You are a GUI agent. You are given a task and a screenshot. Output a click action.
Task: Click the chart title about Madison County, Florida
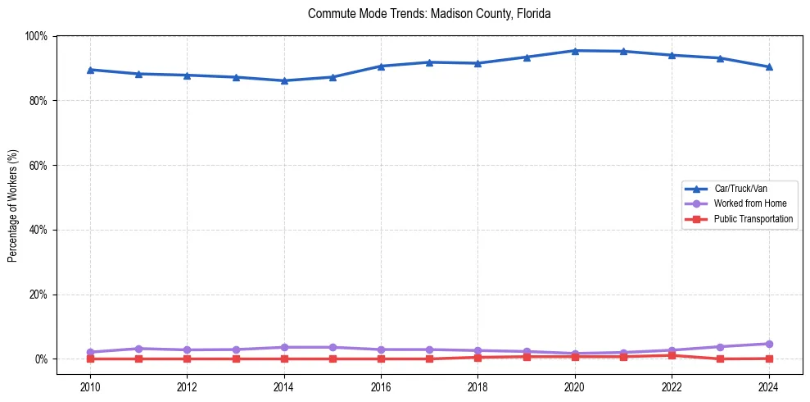point(429,14)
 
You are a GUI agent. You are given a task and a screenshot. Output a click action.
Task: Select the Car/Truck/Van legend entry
point(740,188)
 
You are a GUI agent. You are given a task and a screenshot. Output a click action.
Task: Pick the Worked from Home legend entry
point(746,203)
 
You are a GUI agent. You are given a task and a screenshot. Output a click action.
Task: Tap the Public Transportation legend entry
point(753,219)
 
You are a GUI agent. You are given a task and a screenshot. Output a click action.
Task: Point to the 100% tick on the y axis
point(36,36)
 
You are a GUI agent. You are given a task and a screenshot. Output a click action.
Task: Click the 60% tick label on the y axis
point(38,165)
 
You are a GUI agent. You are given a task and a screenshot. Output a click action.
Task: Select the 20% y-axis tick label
point(38,295)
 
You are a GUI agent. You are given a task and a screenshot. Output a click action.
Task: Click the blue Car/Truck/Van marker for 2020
point(575,51)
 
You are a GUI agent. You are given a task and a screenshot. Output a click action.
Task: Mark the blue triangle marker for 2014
point(284,80)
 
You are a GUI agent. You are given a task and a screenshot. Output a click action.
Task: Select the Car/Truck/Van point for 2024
point(768,67)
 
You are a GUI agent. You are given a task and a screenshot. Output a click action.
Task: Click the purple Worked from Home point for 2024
point(768,344)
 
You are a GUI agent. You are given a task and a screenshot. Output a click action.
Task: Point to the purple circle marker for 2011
point(138,349)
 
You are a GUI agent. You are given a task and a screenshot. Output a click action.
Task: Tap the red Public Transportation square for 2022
point(672,355)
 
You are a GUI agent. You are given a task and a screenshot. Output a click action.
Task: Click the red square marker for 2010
point(90,359)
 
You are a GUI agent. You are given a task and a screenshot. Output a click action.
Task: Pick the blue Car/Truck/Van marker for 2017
point(429,62)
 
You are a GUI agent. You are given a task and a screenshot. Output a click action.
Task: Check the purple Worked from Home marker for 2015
point(333,347)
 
